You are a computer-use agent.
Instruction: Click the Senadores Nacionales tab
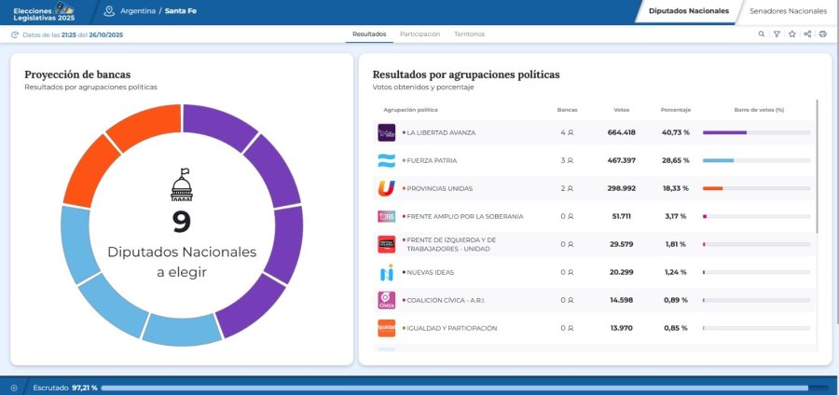(788, 11)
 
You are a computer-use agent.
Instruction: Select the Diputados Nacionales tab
(688, 11)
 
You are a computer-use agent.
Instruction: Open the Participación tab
(419, 34)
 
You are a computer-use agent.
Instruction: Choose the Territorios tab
(469, 34)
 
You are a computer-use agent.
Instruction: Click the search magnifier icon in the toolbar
(761, 34)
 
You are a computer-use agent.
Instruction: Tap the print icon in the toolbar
(822, 34)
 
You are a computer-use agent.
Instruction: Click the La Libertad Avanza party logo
(386, 132)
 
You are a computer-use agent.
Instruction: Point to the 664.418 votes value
(621, 132)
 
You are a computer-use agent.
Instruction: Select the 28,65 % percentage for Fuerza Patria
(675, 160)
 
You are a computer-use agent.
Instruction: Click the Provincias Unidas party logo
(386, 188)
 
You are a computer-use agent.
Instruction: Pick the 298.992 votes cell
(621, 188)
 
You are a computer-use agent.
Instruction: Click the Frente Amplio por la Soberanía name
(464, 216)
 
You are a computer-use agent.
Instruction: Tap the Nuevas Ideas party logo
(386, 273)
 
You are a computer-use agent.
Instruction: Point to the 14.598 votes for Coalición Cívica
(621, 300)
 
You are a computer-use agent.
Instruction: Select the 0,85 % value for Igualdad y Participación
(675, 328)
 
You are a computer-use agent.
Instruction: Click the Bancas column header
(567, 110)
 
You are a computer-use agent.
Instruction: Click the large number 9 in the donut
(182, 222)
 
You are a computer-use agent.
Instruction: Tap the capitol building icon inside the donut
(182, 184)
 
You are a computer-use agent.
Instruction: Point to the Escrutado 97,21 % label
(65, 387)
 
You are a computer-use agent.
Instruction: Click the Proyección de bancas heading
(77, 74)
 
